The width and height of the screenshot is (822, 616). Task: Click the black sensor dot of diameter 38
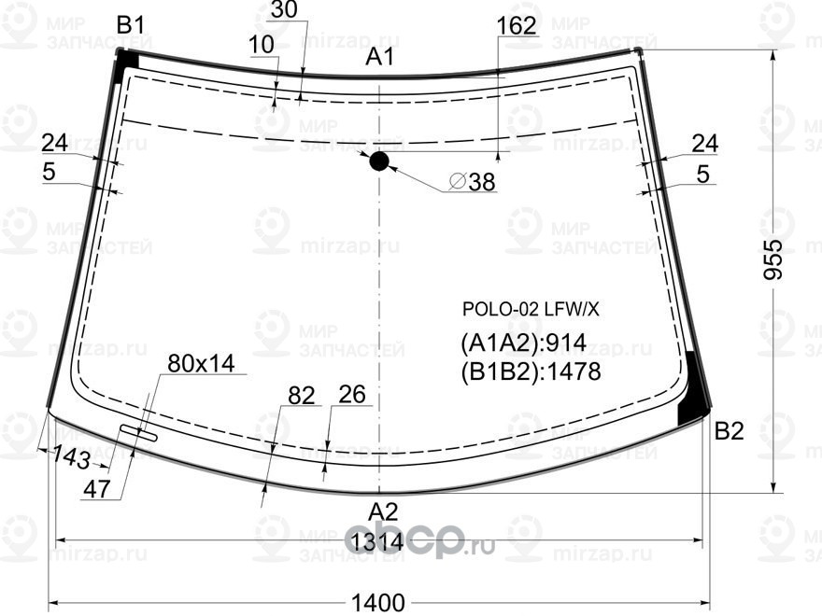(378, 161)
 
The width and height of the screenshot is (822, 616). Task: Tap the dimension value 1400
(377, 603)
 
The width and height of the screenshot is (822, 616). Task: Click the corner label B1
(130, 26)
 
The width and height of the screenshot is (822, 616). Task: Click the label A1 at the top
(378, 58)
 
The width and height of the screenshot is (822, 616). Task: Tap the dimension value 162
(517, 26)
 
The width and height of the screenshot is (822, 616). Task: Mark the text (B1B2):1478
(530, 372)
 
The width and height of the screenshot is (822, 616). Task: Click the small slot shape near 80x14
(137, 431)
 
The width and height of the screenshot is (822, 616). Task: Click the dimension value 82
(301, 396)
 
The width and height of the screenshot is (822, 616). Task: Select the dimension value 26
(351, 395)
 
